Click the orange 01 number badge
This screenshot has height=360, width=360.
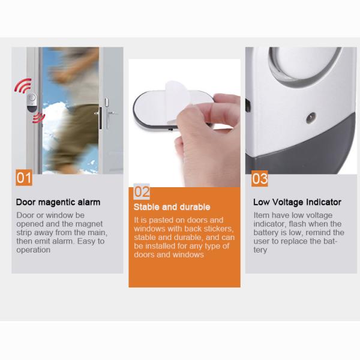(x=23, y=178)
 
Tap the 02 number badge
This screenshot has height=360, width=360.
(x=141, y=191)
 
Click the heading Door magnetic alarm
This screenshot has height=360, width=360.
(x=58, y=202)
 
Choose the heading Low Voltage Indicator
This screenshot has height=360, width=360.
(x=297, y=202)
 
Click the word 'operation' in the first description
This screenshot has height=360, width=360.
(x=34, y=250)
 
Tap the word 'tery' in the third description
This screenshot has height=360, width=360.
(x=260, y=250)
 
